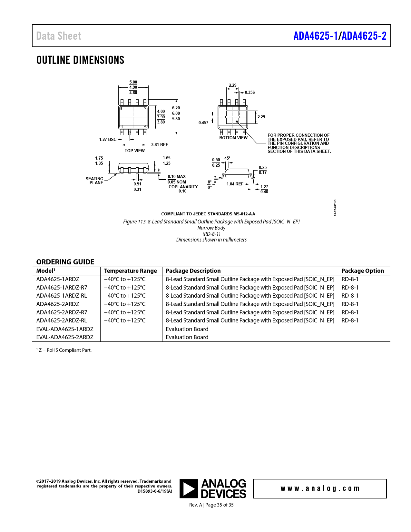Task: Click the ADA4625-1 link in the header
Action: [x=315, y=36]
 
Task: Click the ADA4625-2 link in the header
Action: [x=364, y=36]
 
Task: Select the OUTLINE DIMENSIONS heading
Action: [x=80, y=60]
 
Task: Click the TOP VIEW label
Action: [x=135, y=151]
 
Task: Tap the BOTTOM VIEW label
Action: [x=233, y=138]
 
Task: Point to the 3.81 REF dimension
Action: [x=160, y=145]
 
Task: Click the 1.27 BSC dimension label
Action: [x=108, y=140]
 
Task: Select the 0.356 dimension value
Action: [x=250, y=93]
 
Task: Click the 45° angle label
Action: [x=227, y=158]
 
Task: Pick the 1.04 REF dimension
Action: [x=235, y=184]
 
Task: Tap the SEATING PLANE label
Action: [x=95, y=181]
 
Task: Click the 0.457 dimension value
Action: [x=203, y=123]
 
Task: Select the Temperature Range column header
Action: [x=131, y=271]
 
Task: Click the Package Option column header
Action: [x=363, y=271]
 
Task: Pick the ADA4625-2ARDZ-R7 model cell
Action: [x=62, y=312]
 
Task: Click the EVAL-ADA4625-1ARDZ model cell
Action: [x=65, y=329]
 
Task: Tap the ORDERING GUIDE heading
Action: [x=65, y=262]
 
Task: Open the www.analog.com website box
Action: [x=320, y=488]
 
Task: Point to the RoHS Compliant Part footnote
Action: [x=64, y=350]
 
